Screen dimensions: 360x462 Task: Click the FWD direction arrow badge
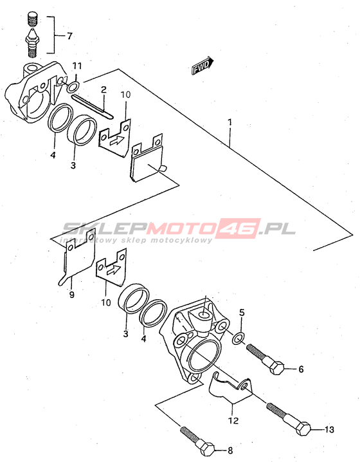[x=203, y=66]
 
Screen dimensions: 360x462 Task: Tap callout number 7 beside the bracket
[x=69, y=36]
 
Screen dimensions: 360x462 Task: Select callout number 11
[x=76, y=66]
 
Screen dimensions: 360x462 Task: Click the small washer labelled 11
[x=73, y=88]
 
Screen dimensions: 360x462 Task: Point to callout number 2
[x=104, y=89]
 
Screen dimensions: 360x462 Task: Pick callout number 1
[x=230, y=122]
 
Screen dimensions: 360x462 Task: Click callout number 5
[x=242, y=312]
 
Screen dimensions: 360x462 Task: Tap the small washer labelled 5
[x=239, y=338]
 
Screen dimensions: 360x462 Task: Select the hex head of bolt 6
[x=276, y=367]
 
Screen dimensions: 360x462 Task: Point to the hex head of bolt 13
[x=303, y=429]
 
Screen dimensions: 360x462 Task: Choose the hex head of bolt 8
[x=208, y=450]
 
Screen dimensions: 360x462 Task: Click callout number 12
[x=233, y=420]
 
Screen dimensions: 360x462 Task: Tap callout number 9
[x=72, y=294]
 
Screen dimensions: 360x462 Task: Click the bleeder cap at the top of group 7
[x=33, y=18]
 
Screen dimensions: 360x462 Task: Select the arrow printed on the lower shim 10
[x=113, y=269]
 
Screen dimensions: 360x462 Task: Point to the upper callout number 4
[x=53, y=155]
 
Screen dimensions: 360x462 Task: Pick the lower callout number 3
[x=126, y=334]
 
